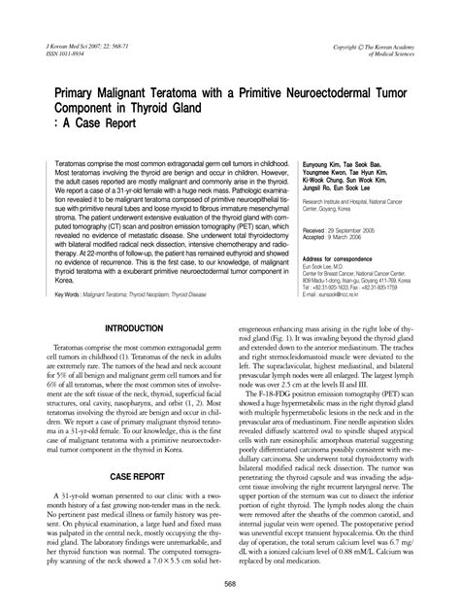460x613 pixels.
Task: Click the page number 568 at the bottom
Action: coord(230,583)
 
